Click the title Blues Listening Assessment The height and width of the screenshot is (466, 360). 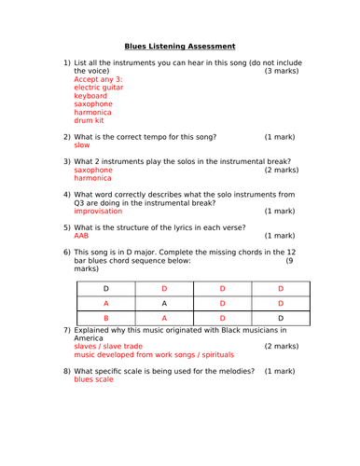pyautogui.click(x=180, y=46)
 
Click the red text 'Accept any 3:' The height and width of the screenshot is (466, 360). pyautogui.click(x=98, y=79)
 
